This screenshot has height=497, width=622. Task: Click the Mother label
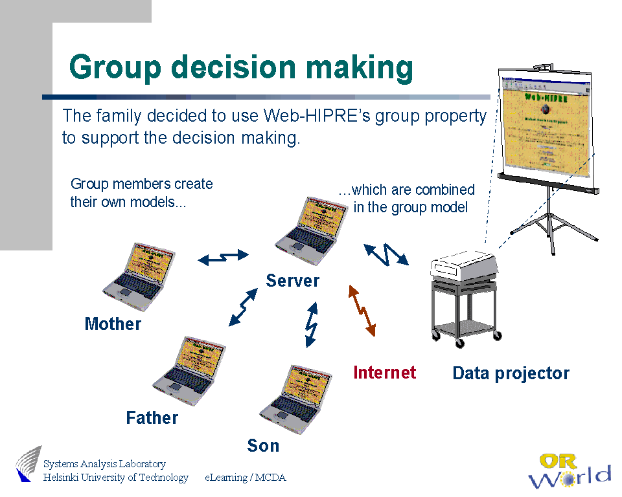(113, 324)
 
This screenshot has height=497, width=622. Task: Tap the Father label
(152, 418)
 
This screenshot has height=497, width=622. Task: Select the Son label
(263, 445)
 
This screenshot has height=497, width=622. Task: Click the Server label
(292, 280)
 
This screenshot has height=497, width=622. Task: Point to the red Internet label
(384, 372)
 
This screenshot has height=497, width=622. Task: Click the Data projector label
(511, 373)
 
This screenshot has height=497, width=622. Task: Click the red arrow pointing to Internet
(362, 311)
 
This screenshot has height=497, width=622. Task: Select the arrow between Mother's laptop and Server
(223, 257)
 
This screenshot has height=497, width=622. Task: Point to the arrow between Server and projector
(387, 254)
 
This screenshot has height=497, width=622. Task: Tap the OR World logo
(568, 470)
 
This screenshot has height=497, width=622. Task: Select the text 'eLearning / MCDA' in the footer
(246, 478)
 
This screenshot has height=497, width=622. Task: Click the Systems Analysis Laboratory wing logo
(29, 463)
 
